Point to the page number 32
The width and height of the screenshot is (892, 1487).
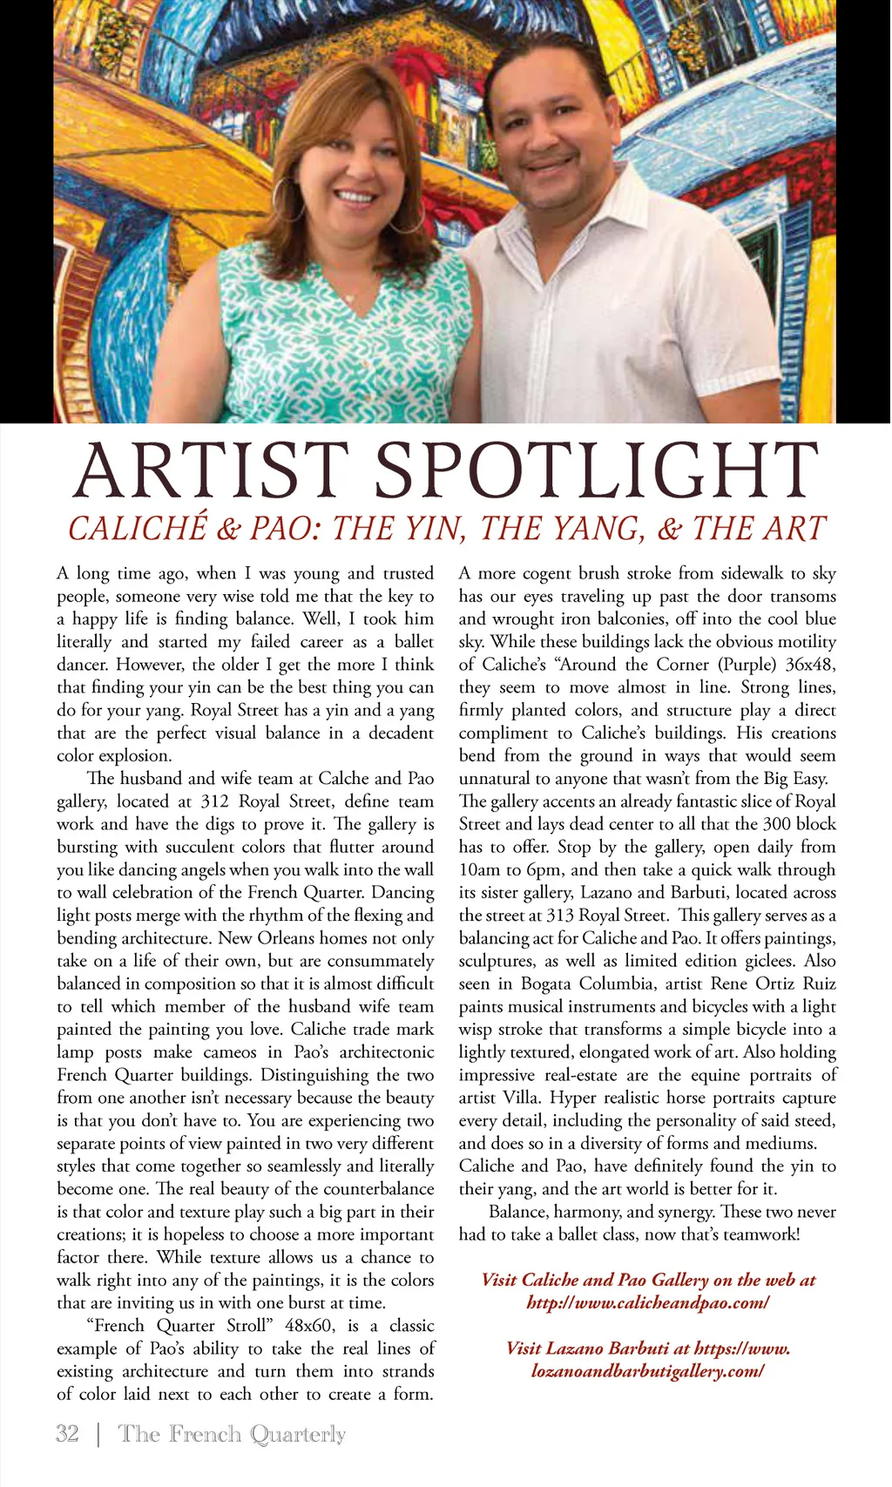67,1433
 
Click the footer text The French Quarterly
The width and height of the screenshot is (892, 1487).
232,1433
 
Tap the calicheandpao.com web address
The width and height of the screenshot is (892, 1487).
648,1302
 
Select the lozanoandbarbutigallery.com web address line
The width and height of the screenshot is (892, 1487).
648,1370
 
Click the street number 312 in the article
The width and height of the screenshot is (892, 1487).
214,801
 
